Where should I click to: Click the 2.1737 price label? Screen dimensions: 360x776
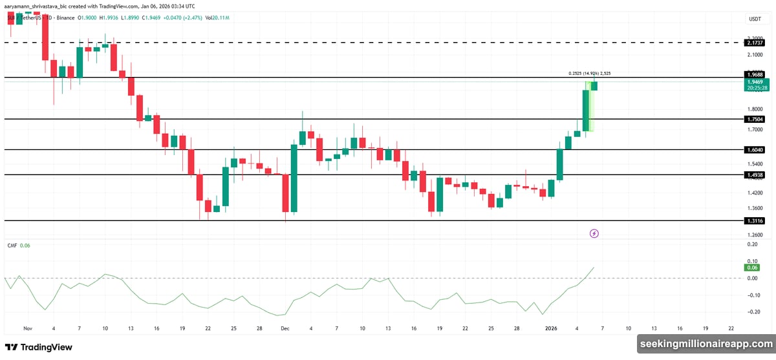click(x=754, y=43)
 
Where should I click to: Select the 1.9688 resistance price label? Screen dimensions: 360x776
click(x=754, y=75)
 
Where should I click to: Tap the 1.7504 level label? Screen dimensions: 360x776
click(x=754, y=120)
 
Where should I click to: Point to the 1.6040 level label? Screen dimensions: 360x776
click(x=754, y=150)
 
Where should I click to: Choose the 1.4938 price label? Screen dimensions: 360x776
click(x=754, y=175)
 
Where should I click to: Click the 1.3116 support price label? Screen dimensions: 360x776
click(x=754, y=221)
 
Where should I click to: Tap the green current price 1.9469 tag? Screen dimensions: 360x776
click(x=754, y=83)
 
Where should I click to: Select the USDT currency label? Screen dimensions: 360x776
click(x=754, y=19)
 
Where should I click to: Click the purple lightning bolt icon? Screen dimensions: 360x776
click(x=594, y=233)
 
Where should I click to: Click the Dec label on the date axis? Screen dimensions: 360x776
click(x=285, y=328)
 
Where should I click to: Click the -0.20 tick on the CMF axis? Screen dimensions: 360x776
click(x=752, y=312)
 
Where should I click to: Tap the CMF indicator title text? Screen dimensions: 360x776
click(x=11, y=246)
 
